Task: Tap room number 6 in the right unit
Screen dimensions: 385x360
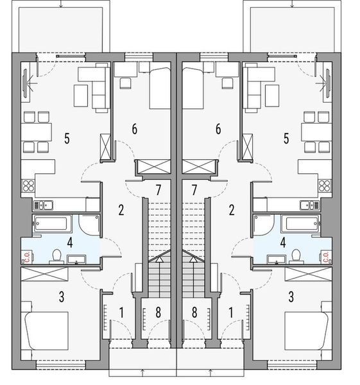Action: (218, 129)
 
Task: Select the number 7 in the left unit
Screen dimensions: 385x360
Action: (158, 189)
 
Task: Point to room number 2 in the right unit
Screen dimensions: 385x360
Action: (231, 209)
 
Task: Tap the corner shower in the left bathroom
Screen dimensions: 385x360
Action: (89, 225)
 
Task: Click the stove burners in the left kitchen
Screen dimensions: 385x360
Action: (28, 187)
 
